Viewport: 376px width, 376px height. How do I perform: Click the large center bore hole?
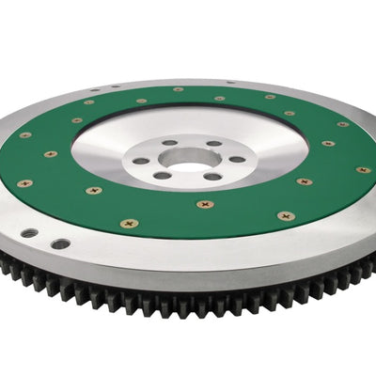tap(189, 157)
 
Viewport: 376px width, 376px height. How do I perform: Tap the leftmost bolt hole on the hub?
tap(141, 161)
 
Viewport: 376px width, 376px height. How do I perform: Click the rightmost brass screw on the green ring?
tap(364, 170)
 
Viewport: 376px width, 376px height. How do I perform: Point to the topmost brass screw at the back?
tap(179, 90)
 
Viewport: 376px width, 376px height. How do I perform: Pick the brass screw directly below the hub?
tap(204, 203)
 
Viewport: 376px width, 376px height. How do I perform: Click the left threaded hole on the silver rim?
tap(31, 232)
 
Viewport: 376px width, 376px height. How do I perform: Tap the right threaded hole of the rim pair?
tap(61, 243)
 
